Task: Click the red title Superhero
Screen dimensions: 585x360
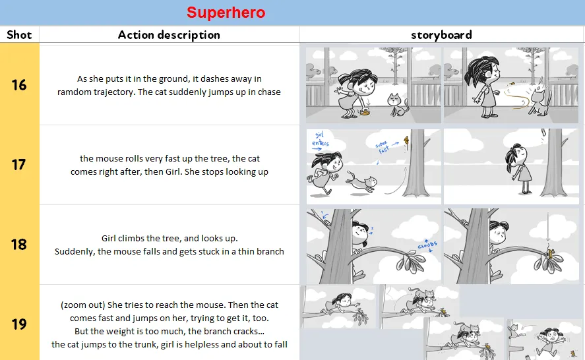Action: (x=226, y=13)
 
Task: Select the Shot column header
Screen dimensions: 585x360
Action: (x=19, y=35)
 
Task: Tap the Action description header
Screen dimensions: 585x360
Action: (x=169, y=35)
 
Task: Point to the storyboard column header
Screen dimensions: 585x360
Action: (x=441, y=35)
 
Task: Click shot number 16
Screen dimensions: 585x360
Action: (x=19, y=85)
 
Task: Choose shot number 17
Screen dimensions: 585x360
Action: (x=18, y=165)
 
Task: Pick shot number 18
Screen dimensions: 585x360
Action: (x=18, y=245)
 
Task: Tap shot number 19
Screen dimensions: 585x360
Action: (x=18, y=324)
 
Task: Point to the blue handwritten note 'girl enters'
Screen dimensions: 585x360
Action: (x=320, y=140)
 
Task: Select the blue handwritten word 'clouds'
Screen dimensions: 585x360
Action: (x=427, y=245)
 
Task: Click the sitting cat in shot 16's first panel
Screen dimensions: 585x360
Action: (x=398, y=104)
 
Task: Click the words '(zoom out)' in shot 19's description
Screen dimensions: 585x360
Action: (x=83, y=305)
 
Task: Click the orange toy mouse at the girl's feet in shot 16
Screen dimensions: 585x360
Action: (x=365, y=111)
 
